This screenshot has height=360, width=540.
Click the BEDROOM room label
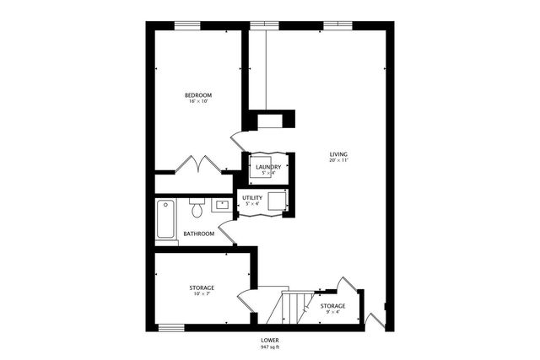[198, 96]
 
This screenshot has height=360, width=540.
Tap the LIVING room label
[338, 154]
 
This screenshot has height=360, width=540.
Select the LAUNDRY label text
[267, 167]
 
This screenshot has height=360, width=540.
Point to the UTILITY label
[253, 198]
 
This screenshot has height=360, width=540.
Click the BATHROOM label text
[199, 234]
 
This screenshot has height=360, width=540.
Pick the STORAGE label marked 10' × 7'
[201, 288]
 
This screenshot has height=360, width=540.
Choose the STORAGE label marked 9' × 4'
[332, 305]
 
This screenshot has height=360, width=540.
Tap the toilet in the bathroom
[197, 205]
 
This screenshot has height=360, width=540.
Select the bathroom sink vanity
[223, 204]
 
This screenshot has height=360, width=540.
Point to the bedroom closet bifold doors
[199, 164]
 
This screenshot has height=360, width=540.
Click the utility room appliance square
[278, 201]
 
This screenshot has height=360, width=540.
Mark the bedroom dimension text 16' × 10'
[198, 104]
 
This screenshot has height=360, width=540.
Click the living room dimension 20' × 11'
[338, 162]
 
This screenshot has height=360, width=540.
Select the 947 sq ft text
[269, 347]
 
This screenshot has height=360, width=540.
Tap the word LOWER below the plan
[269, 339]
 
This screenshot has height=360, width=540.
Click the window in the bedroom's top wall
[188, 25]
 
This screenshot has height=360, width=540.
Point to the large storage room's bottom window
[172, 326]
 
